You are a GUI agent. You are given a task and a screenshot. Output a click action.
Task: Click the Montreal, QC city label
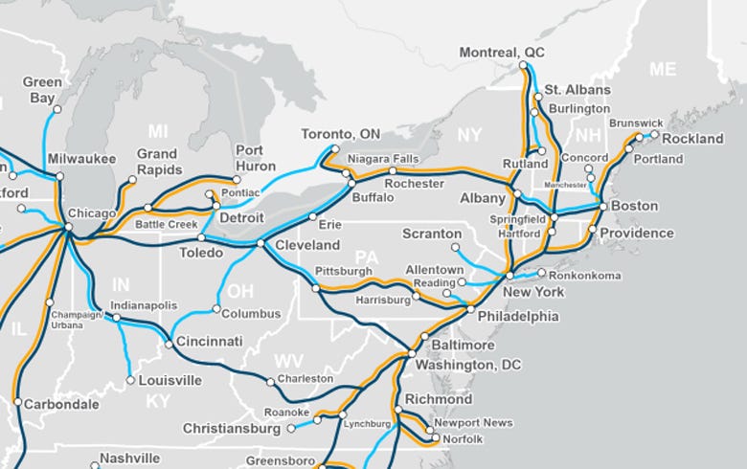click(x=503, y=52)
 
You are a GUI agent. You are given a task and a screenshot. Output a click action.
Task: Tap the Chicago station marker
click(x=67, y=227)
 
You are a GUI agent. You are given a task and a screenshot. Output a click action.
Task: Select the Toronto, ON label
click(x=340, y=133)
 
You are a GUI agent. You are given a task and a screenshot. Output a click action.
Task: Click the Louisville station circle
click(x=130, y=380)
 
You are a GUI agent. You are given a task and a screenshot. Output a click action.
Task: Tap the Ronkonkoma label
click(x=586, y=276)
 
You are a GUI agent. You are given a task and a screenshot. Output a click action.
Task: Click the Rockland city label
click(x=692, y=139)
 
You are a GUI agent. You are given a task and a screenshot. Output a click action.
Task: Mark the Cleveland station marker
click(x=260, y=244)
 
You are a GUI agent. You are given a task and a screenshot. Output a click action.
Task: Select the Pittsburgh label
click(x=342, y=272)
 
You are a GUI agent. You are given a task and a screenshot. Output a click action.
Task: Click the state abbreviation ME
click(x=663, y=69)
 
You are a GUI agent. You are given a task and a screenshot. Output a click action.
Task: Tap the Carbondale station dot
click(x=16, y=402)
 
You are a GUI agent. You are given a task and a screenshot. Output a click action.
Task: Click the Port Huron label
click(x=255, y=158)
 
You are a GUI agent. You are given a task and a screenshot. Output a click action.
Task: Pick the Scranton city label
click(x=432, y=234)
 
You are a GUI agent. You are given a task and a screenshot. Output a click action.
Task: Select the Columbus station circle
click(x=216, y=309)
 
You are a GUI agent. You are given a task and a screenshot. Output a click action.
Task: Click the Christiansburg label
click(x=231, y=429)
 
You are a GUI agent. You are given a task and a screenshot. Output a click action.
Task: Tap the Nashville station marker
click(x=95, y=466)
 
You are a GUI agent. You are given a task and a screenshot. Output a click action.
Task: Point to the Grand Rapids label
click(x=157, y=161)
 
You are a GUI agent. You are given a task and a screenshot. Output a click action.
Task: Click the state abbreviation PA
click(x=366, y=257)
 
